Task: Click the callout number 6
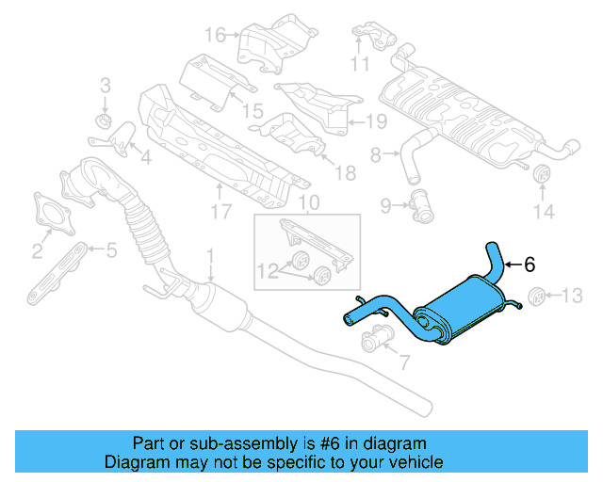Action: coord(530,265)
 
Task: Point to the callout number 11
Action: coord(359,65)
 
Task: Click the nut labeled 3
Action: coord(105,122)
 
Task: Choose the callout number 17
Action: coord(220,213)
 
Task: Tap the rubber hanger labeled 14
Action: coord(543,177)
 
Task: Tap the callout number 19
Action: coord(377,120)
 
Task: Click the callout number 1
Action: coord(211,255)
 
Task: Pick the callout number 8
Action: coord(375,154)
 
